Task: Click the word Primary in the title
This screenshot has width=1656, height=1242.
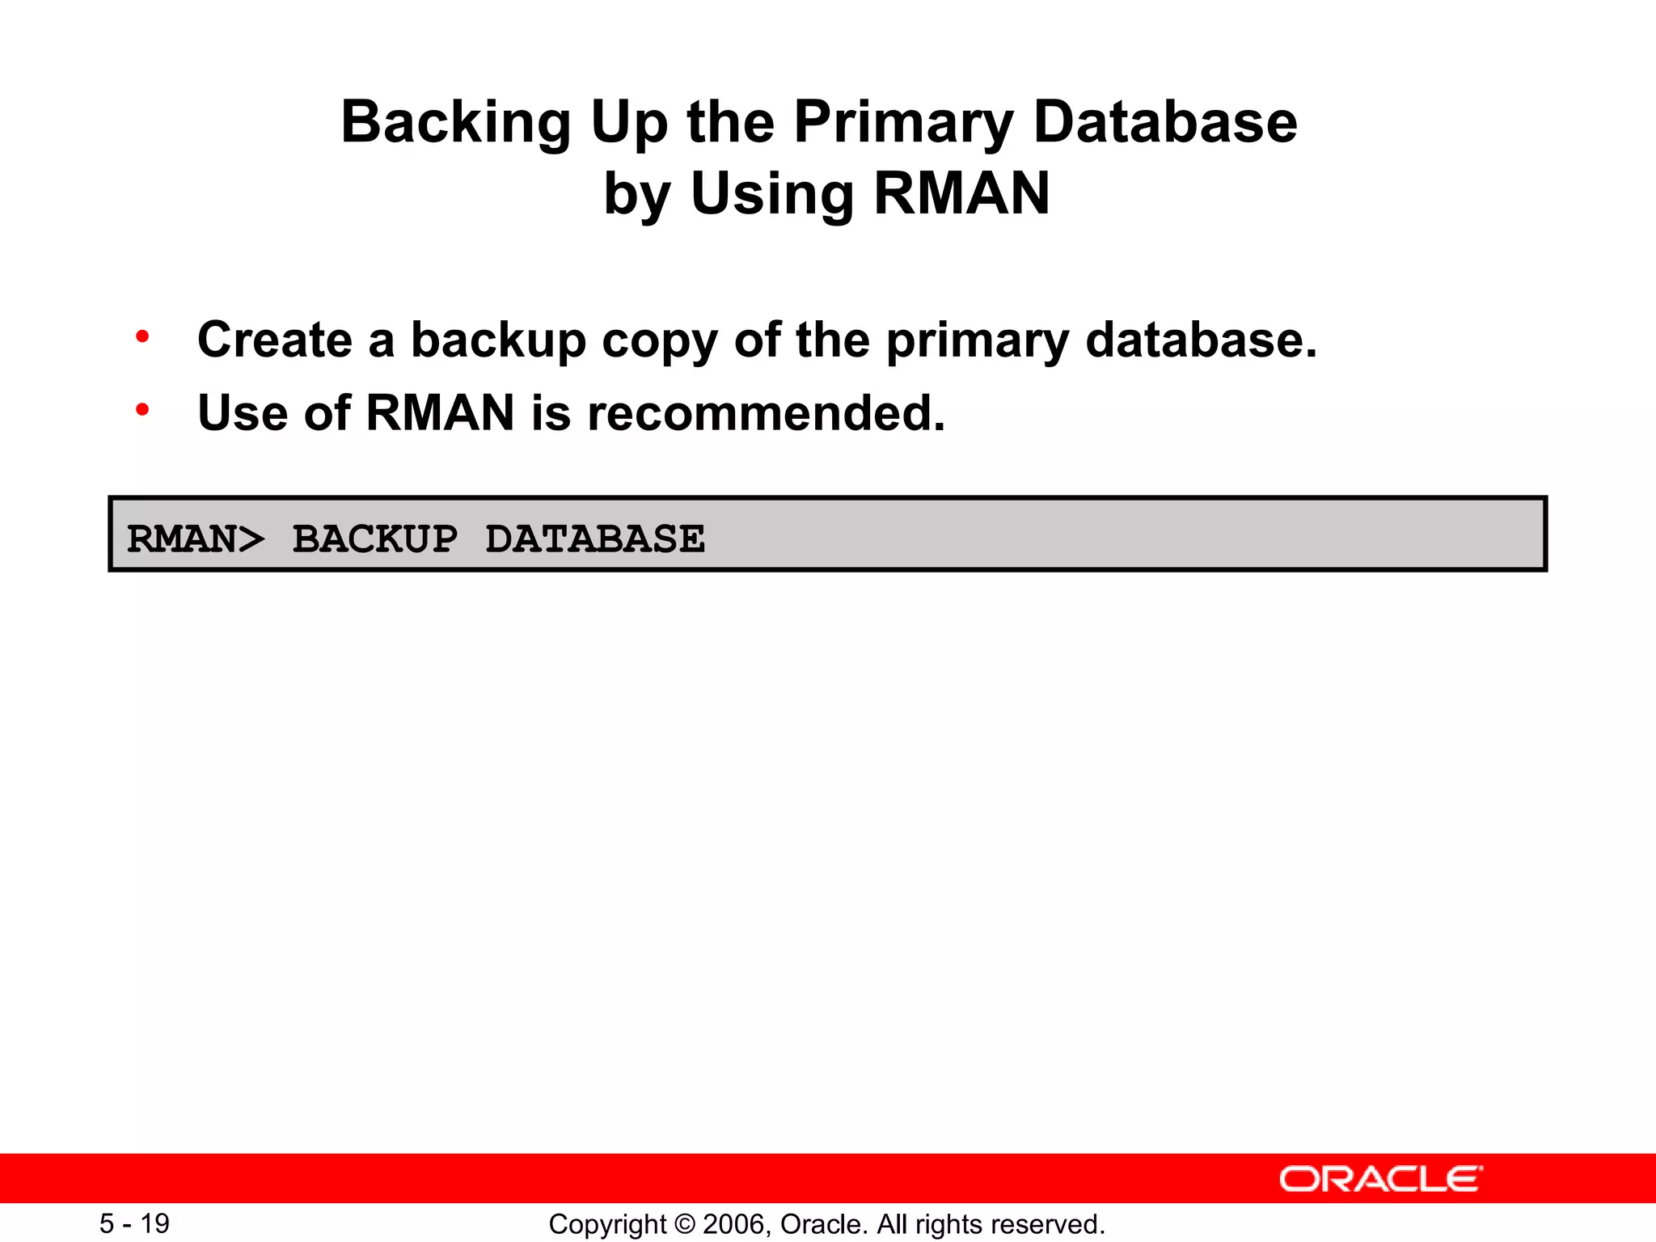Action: tap(903, 123)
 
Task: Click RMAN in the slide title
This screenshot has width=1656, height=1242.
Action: tap(961, 194)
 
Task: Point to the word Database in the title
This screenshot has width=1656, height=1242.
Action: tap(1165, 123)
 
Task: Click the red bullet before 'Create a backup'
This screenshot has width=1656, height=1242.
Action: tap(142, 336)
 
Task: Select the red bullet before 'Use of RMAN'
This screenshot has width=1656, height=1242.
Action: tap(142, 410)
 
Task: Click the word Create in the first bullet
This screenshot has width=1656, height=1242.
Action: tap(275, 340)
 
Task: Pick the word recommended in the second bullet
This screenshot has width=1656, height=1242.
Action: tap(766, 413)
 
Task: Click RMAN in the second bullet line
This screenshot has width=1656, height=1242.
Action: tap(440, 413)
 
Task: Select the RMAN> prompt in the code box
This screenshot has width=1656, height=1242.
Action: tap(196, 539)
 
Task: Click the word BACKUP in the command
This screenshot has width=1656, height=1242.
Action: tap(374, 539)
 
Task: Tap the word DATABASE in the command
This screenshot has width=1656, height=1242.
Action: tap(595, 539)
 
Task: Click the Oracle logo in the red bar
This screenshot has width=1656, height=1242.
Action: tap(1380, 1179)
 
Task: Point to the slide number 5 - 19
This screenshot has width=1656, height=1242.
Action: tap(134, 1223)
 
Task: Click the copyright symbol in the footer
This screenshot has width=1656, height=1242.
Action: tap(684, 1224)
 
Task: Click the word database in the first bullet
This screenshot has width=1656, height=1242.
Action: tap(1201, 340)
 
